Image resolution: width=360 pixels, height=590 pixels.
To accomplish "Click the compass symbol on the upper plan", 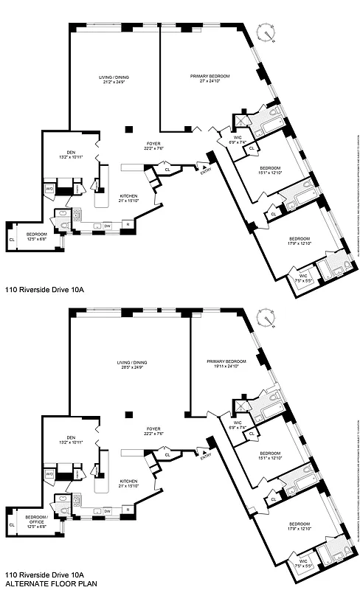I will tap(266, 32).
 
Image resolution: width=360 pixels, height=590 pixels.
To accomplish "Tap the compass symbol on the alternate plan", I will tap(266, 318).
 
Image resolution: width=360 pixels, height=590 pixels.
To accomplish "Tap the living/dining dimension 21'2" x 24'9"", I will tap(114, 82).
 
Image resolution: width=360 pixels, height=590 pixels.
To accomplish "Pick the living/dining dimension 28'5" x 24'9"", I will tap(128, 367).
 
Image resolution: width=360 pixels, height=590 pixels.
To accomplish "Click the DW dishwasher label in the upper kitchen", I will tap(107, 225).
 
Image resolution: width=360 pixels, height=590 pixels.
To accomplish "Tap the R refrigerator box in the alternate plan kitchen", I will tap(128, 510).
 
